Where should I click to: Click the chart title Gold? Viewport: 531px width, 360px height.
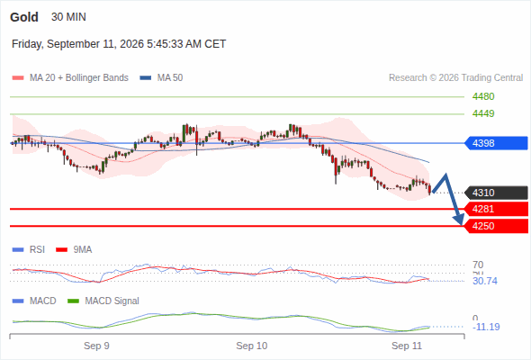(24, 17)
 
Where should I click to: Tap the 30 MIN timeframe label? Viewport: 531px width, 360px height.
(68, 17)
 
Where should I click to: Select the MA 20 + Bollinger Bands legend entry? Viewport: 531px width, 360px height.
(70, 78)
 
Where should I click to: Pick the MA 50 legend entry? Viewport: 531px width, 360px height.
(161, 78)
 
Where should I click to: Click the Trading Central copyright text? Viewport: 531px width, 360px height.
(455, 78)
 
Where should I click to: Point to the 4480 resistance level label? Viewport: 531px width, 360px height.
(483, 97)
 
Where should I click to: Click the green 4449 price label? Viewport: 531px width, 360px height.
(483, 113)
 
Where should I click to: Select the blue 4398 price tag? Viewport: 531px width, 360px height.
(496, 143)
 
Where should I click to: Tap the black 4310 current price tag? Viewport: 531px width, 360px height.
(496, 193)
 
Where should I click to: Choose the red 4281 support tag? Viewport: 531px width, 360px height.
(496, 209)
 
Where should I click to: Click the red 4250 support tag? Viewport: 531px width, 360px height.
(496, 226)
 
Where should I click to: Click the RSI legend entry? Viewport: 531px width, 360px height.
(29, 249)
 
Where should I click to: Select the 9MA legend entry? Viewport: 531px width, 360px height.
(74, 249)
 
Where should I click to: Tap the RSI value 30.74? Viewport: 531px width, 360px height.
(485, 281)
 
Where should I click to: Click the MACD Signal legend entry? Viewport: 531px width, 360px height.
(103, 301)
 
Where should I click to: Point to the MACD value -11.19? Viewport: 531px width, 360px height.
(486, 327)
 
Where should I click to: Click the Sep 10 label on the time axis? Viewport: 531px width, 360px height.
(252, 346)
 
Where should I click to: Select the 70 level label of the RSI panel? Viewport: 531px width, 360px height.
(478, 265)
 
